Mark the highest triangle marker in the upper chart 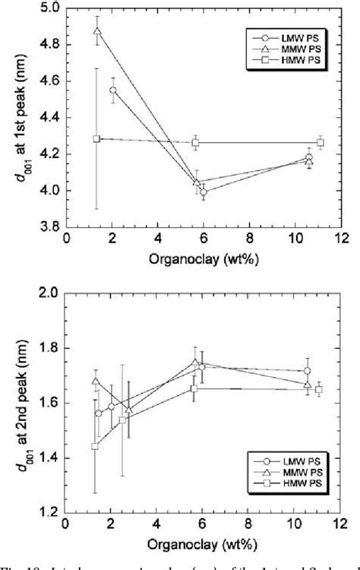coord(97,32)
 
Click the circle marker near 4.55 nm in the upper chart coord(113,90)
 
